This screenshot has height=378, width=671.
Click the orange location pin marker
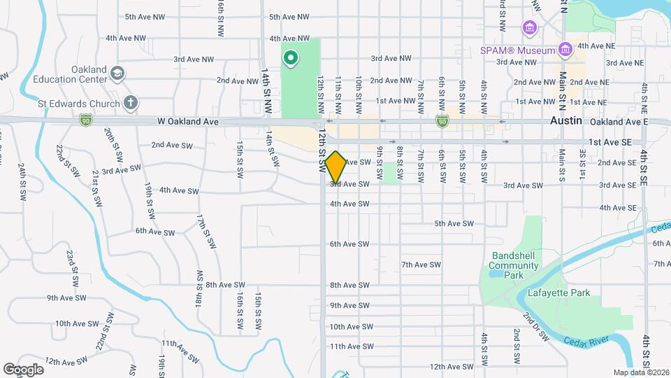point(336,167)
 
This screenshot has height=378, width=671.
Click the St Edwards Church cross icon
point(130,103)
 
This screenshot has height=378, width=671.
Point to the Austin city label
point(566,120)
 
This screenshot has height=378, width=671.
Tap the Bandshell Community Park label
point(514,260)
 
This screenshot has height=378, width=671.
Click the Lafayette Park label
point(559,293)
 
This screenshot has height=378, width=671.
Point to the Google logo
point(23,369)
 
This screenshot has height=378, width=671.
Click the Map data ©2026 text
point(640,372)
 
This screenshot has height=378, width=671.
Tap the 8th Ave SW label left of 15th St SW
point(226,285)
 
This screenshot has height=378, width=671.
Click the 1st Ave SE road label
point(609,141)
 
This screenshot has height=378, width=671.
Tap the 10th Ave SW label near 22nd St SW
point(76,323)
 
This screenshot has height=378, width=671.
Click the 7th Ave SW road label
point(421,265)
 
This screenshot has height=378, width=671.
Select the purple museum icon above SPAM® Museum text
point(529,28)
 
